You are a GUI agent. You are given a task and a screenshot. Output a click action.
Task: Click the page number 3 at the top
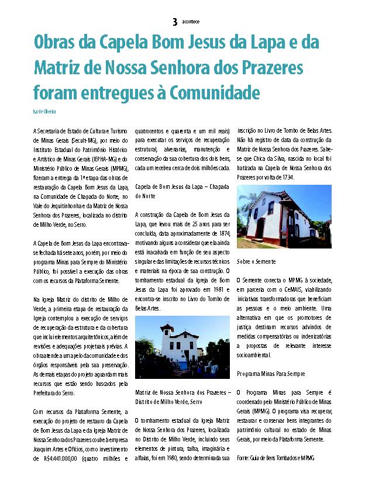[x=175, y=22]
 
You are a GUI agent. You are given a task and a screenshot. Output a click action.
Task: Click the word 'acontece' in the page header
[x=191, y=22]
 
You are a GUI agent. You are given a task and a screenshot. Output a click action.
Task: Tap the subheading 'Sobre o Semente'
[x=257, y=262]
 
